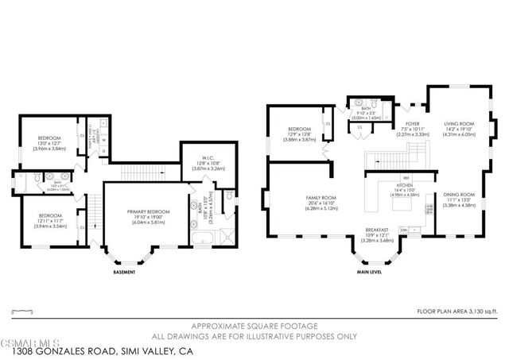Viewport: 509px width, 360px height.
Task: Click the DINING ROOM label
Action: pos(459,195)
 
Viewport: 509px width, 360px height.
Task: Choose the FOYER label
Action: pos(412,125)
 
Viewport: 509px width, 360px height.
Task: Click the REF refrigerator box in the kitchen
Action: pos(406,177)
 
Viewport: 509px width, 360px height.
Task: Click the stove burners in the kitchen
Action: pos(429,208)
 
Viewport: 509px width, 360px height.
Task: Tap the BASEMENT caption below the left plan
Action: pos(123,273)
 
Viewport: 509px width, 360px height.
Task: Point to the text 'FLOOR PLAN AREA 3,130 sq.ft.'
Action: pos(456,312)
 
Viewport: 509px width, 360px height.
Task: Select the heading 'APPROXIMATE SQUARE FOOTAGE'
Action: pos(255,326)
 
